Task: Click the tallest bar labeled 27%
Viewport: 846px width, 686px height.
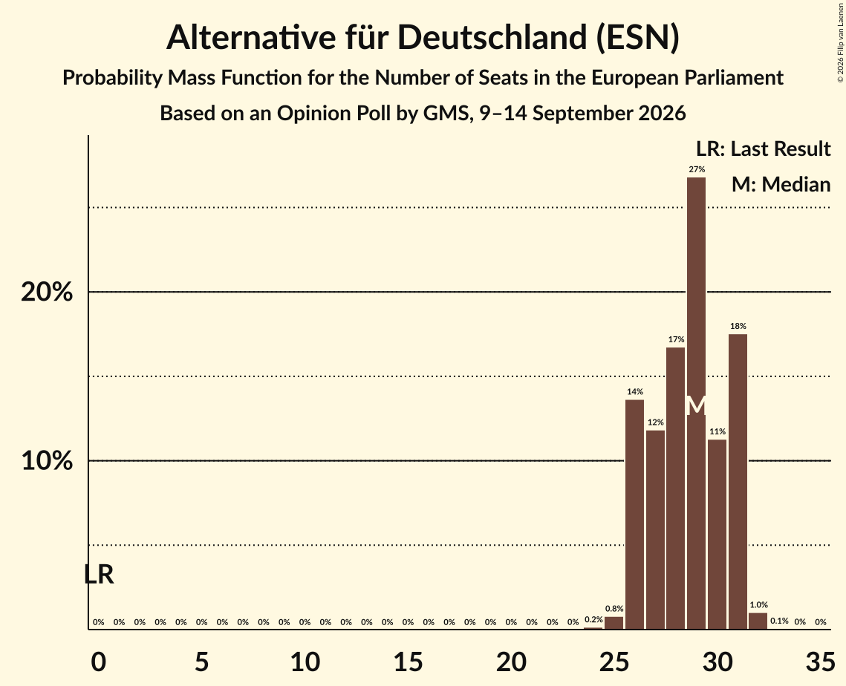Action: click(x=696, y=403)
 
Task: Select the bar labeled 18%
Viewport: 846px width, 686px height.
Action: click(x=738, y=482)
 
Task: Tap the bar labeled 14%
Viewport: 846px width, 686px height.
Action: click(x=634, y=514)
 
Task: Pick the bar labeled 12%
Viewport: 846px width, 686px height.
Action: click(x=655, y=529)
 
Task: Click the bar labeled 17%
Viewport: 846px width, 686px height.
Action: click(x=675, y=488)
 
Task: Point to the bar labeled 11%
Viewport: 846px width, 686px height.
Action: click(x=717, y=535)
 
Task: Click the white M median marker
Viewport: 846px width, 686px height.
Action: click(x=696, y=405)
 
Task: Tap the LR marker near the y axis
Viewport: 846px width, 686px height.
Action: click(x=100, y=575)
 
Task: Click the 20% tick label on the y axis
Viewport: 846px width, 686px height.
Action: click(x=47, y=293)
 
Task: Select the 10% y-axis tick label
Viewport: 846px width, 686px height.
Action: click(x=47, y=461)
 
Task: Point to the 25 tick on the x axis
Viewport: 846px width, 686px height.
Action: click(x=614, y=661)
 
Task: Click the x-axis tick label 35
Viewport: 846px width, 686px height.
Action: click(x=820, y=661)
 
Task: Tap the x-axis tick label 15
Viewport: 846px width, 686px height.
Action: click(x=408, y=661)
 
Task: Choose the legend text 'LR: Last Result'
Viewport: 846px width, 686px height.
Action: click(x=764, y=148)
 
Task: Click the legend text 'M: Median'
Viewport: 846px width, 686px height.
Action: click(x=781, y=184)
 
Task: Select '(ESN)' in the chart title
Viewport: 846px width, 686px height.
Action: click(x=638, y=39)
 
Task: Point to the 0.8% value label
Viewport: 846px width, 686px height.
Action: click(x=614, y=609)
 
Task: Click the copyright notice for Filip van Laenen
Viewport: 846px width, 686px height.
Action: click(x=841, y=43)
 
